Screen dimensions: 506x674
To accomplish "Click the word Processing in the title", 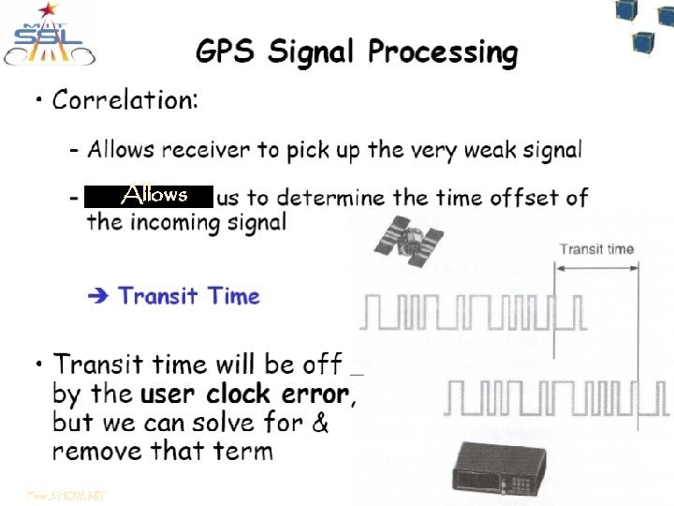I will tap(442, 52).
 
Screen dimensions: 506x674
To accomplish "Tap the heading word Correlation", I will tap(125, 99).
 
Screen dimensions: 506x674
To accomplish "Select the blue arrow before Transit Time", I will tap(97, 296).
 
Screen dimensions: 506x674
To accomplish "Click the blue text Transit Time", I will tap(189, 296).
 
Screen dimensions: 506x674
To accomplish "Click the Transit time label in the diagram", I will tap(596, 249).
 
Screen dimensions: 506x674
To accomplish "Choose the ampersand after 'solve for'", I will tap(319, 423).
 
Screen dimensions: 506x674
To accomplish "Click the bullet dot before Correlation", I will tap(37, 100).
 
